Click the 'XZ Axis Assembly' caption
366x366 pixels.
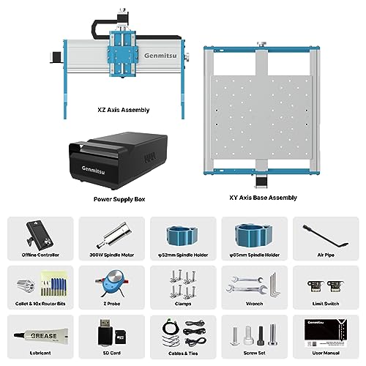click(x=123, y=110)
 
